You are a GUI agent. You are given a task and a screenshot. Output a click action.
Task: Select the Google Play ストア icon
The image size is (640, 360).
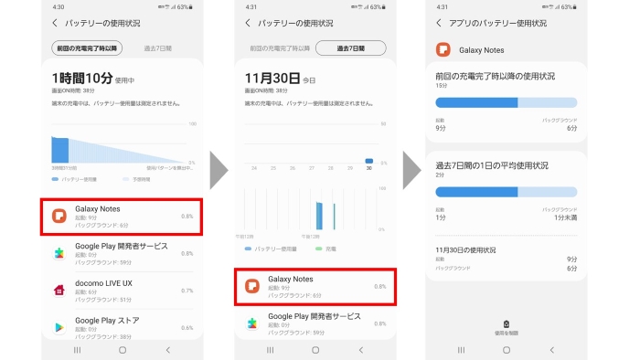[x=57, y=326]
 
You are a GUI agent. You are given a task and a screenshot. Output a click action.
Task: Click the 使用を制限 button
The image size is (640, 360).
[x=508, y=327]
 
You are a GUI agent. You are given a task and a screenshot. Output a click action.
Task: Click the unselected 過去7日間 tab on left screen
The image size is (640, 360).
[x=157, y=48]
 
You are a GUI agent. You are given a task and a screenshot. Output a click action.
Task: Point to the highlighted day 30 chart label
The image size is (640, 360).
[x=369, y=167]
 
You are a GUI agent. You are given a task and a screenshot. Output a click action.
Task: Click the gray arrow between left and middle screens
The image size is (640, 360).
[x=219, y=168]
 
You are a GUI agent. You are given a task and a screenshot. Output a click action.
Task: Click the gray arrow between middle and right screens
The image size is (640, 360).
[x=412, y=168]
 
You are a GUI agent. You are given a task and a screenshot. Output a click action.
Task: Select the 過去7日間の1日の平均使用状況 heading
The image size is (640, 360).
[x=492, y=165]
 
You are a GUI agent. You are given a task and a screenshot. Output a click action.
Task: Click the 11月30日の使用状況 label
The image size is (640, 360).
[x=466, y=249]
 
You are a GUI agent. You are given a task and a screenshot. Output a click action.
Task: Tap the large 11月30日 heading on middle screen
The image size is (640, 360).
[x=272, y=79]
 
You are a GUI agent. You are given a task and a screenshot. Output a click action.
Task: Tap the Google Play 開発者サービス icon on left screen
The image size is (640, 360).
[x=57, y=252]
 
